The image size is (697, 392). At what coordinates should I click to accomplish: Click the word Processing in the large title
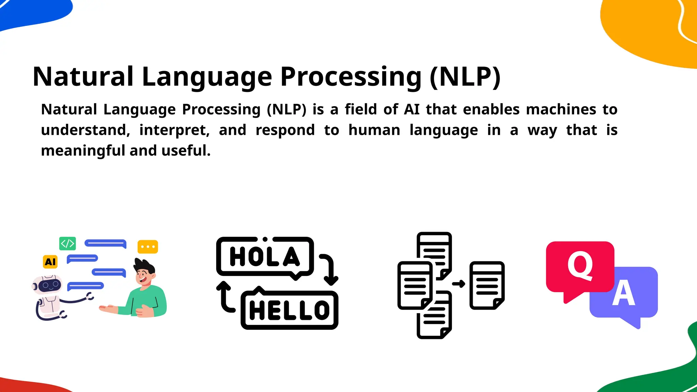pos(351,77)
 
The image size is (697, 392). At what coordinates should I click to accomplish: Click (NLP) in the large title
pos(465,77)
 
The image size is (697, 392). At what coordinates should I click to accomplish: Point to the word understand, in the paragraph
pos(85,130)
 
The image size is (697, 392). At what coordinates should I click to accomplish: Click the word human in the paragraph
pos(374,130)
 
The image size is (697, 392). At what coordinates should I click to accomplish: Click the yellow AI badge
pos(50,262)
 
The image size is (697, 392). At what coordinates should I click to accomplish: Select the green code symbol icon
pos(67,243)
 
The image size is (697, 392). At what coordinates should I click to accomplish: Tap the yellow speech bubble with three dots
pos(148,247)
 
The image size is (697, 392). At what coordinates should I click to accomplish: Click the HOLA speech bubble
pos(265,257)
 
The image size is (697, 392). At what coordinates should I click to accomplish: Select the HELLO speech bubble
pos(290,310)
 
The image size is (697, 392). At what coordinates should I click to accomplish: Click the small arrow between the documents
pos(458,284)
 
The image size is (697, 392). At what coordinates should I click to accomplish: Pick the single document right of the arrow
pos(487,285)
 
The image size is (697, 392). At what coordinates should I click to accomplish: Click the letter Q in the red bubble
pos(580,266)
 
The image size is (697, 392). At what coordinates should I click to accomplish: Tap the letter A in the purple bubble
pos(623,294)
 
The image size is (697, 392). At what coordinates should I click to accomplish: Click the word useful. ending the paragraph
pos(186,151)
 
